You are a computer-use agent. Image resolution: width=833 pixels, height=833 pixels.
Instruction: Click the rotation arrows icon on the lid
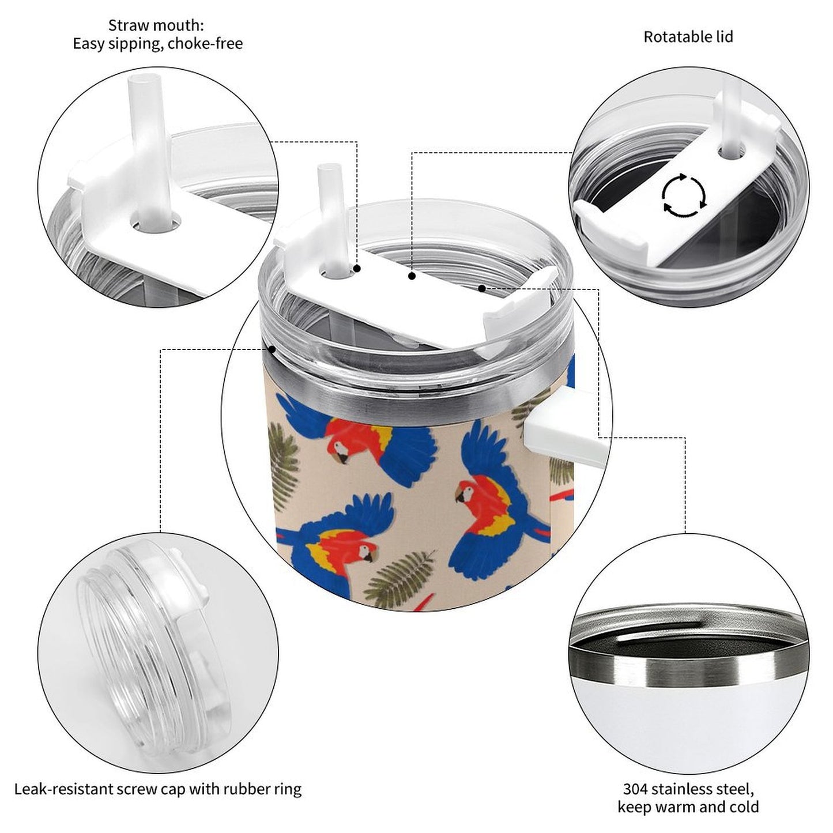[684, 195]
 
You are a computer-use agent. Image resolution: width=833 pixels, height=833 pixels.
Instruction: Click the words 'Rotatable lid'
[688, 37]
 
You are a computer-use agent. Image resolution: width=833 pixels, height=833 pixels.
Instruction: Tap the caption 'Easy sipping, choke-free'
[157, 44]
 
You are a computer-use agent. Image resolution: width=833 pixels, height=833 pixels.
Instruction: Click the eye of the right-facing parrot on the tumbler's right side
[468, 492]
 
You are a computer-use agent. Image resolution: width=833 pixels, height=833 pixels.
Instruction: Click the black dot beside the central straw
[357, 269]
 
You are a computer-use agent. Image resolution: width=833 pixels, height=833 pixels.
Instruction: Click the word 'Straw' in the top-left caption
[126, 25]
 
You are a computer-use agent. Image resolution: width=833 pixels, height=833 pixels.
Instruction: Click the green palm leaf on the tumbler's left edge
[283, 465]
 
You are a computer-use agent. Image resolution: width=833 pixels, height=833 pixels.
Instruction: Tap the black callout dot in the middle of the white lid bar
[412, 276]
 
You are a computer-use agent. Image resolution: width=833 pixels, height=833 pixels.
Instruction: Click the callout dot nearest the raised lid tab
[482, 288]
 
